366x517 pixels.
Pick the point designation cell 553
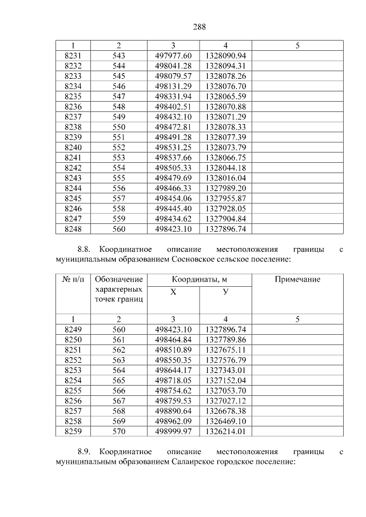pyautogui.click(x=118, y=157)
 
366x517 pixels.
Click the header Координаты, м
pyautogui.click(x=199, y=279)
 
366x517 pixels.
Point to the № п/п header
pyautogui.click(x=73, y=279)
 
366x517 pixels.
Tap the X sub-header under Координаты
pyautogui.click(x=173, y=292)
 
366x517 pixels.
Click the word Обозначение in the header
pyautogui.click(x=118, y=279)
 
